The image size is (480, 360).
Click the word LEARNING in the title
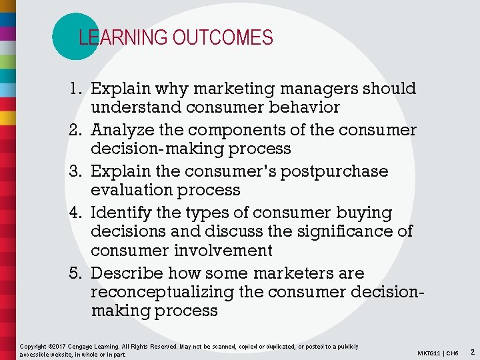pos(123,38)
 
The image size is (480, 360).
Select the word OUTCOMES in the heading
pos(223,38)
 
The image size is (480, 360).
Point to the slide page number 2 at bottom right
pos(472,351)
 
